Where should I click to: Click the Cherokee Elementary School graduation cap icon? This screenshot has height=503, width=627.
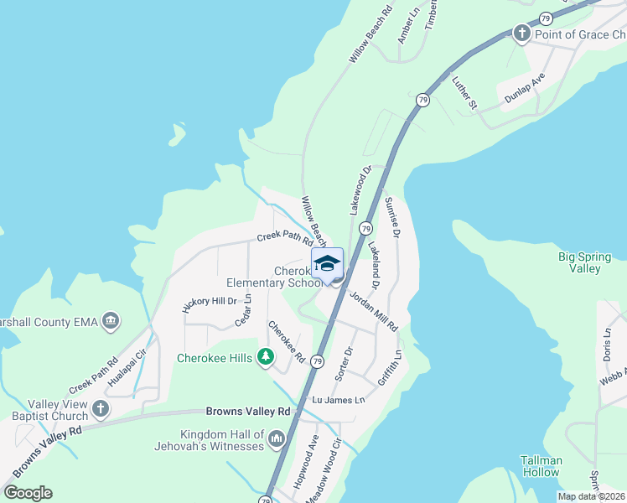(327, 263)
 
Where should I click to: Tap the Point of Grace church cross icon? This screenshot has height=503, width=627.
(521, 34)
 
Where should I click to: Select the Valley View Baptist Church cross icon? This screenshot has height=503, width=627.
(100, 408)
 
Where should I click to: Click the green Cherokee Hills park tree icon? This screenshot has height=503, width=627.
(266, 358)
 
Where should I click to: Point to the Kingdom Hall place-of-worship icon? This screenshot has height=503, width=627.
(276, 438)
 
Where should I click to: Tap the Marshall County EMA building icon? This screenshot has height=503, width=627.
(110, 320)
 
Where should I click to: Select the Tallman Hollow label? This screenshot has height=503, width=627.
(540, 466)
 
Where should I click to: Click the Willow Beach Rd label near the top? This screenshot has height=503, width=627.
(370, 36)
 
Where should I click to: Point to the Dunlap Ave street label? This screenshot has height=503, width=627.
(525, 87)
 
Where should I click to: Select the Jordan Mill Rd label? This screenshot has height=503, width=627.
(374, 311)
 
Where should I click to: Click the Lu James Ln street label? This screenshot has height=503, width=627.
(339, 401)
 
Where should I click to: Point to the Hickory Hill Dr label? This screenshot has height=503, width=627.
(210, 302)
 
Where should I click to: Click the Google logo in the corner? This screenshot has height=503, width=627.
(28, 492)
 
